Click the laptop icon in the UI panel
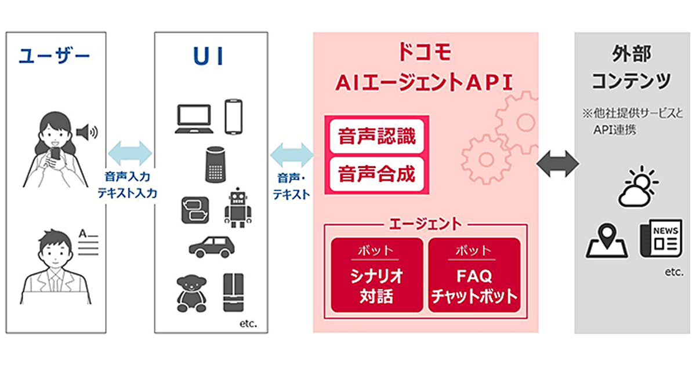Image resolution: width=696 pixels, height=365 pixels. point(194,119)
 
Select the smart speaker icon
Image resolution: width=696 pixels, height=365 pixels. point(215,165)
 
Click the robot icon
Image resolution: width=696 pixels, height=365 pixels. point(238,207)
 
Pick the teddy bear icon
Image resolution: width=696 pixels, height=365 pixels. point(190,293)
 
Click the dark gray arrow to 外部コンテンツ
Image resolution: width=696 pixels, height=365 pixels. point(557,164)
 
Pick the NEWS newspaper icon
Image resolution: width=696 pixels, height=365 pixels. point(660,239)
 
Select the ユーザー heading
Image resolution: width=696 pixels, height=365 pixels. point(55,56)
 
